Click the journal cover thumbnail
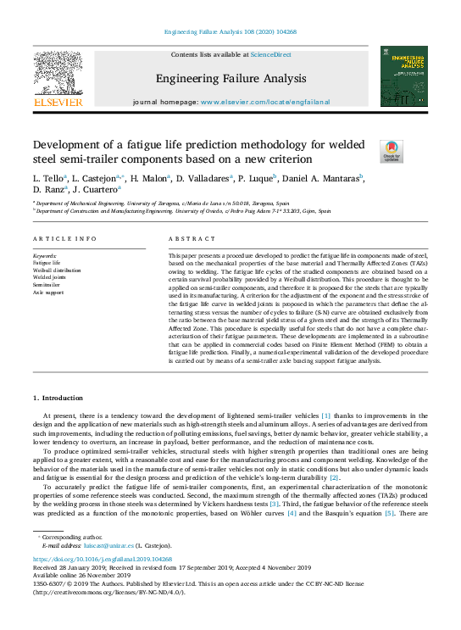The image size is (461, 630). tap(403, 76)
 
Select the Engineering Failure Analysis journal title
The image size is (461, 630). tap(230, 79)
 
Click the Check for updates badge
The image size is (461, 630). tap(392, 151)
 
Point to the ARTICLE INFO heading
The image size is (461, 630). tap(64, 239)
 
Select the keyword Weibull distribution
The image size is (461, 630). tap(57, 270)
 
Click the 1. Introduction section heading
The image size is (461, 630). tap(58, 398)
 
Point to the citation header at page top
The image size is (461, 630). tap(230, 31)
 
